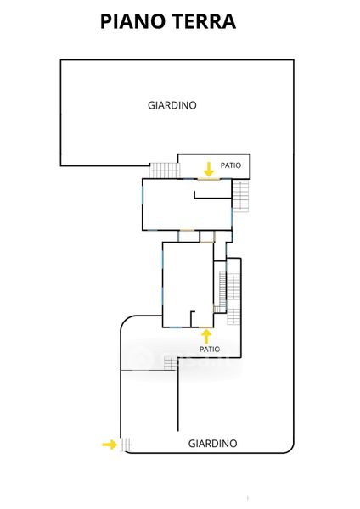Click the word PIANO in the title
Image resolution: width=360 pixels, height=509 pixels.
pos(132,21)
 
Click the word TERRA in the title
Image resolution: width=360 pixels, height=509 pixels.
pos(205,21)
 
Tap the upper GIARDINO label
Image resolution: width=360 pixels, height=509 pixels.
pos(172,105)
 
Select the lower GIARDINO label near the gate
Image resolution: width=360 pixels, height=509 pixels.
pos(213,444)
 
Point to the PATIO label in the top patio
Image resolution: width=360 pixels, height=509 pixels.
pos(231,165)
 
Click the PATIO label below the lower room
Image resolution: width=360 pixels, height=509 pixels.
pos(210,349)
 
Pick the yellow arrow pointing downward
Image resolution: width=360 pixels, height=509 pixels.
pos(209,169)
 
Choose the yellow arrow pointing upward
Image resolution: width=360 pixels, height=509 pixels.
pos(206,337)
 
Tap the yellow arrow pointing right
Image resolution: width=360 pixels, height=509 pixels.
pos(110,445)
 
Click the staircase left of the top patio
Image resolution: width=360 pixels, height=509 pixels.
pos(164,171)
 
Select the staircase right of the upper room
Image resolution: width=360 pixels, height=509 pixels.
pos(240,196)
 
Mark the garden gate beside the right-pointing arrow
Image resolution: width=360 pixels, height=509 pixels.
pos(126,445)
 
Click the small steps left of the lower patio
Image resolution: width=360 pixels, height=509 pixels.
pos(171,363)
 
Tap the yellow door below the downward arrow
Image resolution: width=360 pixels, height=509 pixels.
pos(208,179)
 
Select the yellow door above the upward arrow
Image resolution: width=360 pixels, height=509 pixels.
pos(206,327)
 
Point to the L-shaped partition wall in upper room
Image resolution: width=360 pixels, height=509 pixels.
pos(212,198)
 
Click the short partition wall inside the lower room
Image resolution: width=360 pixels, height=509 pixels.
pos(192,319)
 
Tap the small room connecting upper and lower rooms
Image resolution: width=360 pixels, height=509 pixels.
pos(188,236)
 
